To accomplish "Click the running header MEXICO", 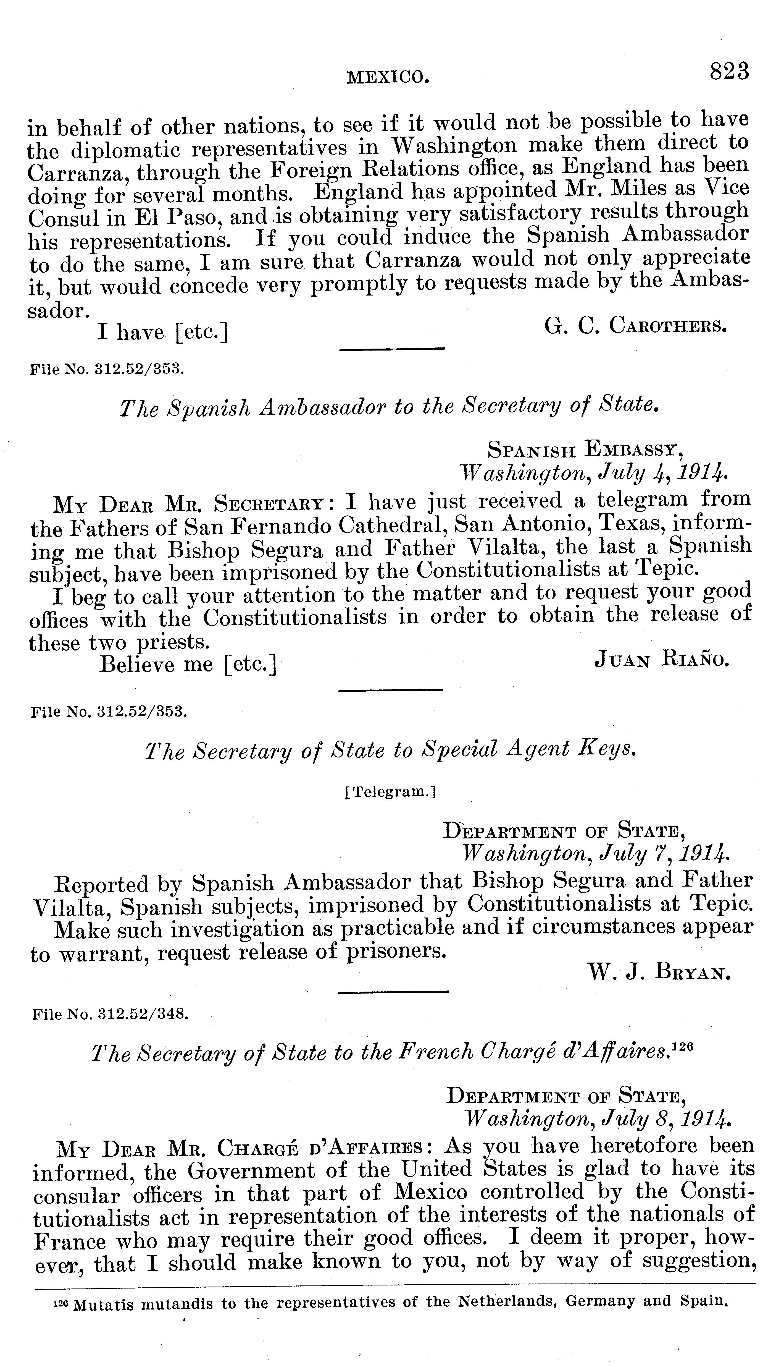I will [x=388, y=78].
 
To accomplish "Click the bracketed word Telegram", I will [x=391, y=792].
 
